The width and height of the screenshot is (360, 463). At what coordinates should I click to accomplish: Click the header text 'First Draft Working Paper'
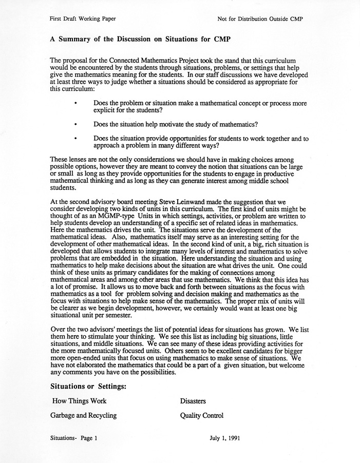[x=82, y=19]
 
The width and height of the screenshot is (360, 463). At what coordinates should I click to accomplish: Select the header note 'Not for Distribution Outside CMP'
[x=260, y=19]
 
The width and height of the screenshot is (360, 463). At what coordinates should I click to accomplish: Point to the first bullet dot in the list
[x=75, y=104]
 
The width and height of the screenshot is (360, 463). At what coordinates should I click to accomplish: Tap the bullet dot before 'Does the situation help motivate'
[x=75, y=124]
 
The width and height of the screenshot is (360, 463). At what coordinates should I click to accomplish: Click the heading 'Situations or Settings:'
[x=88, y=385]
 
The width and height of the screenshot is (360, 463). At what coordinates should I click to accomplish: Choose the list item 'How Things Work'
[x=80, y=401]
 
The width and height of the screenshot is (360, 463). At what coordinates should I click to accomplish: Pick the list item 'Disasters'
[x=193, y=401]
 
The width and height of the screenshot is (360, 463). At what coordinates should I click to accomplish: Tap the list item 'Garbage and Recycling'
[x=84, y=415]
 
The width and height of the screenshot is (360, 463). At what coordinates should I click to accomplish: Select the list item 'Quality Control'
[x=202, y=415]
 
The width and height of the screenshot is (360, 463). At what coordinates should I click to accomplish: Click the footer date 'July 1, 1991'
[x=224, y=439]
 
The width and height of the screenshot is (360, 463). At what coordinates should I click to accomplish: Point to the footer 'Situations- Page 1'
[x=74, y=439]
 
